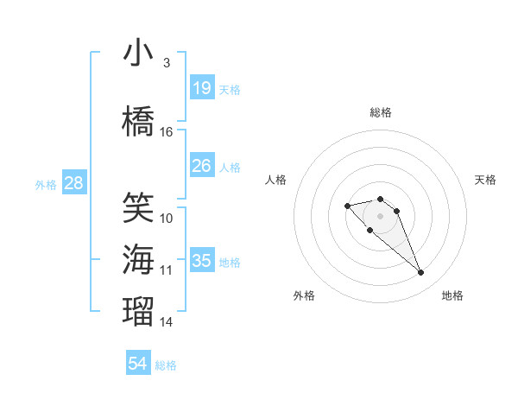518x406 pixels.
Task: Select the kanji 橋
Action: (138, 122)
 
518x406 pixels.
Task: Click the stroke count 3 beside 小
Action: (167, 63)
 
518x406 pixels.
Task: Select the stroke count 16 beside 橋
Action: (167, 132)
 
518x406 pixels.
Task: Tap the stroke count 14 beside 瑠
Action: (167, 322)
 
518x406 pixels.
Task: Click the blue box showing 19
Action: (201, 87)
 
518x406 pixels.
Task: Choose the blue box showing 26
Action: (201, 165)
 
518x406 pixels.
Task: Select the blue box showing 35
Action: (201, 260)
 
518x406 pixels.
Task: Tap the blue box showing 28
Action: (73, 182)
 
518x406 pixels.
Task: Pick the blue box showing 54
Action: (138, 364)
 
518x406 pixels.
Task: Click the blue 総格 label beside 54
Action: (166, 365)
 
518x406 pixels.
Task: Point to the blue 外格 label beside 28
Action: (46, 184)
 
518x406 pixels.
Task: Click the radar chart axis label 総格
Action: (381, 112)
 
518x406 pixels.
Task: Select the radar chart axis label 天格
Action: (485, 180)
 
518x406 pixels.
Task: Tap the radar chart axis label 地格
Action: (452, 295)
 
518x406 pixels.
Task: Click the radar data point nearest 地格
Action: (421, 273)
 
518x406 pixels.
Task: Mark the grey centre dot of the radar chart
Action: (381, 216)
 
